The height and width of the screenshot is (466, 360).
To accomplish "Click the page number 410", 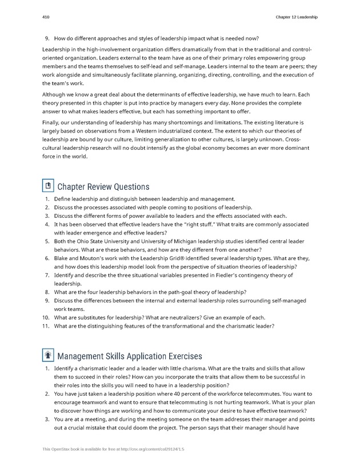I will click(x=46, y=17).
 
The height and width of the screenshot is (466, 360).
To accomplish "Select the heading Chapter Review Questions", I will click(x=103, y=187).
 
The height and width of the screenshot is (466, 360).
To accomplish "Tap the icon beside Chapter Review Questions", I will click(x=49, y=186).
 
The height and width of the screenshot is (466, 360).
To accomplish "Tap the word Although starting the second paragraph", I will click(x=57, y=94).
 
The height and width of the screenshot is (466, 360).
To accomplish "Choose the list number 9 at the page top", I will click(x=47, y=38).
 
